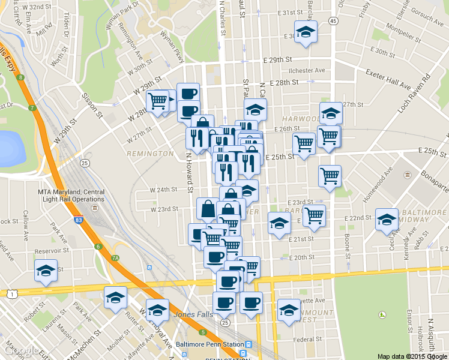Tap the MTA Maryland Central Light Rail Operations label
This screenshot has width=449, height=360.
(71, 196)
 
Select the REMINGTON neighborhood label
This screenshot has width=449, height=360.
(150, 154)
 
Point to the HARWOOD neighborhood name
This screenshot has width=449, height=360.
(300, 119)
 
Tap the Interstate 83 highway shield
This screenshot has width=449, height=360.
(79, 221)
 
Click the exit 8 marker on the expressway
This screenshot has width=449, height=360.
(20, 77)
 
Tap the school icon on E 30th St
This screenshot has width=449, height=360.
(306, 32)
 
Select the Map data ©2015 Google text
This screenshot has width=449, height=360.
(412, 356)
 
